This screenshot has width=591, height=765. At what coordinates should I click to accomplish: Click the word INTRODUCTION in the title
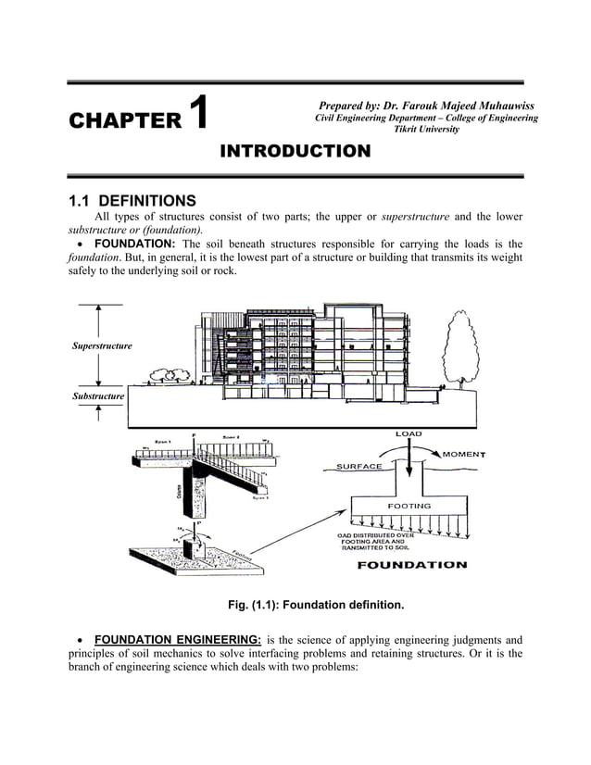tap(295, 151)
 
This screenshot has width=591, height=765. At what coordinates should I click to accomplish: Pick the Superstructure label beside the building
tap(102, 345)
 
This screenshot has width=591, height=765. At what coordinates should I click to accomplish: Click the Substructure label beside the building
tap(97, 397)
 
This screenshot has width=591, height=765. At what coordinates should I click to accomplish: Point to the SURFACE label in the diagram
tap(359, 466)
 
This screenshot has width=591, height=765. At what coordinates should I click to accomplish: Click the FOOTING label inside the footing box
tap(409, 507)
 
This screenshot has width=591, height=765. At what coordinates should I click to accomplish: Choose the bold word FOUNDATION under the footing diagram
tap(412, 565)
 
